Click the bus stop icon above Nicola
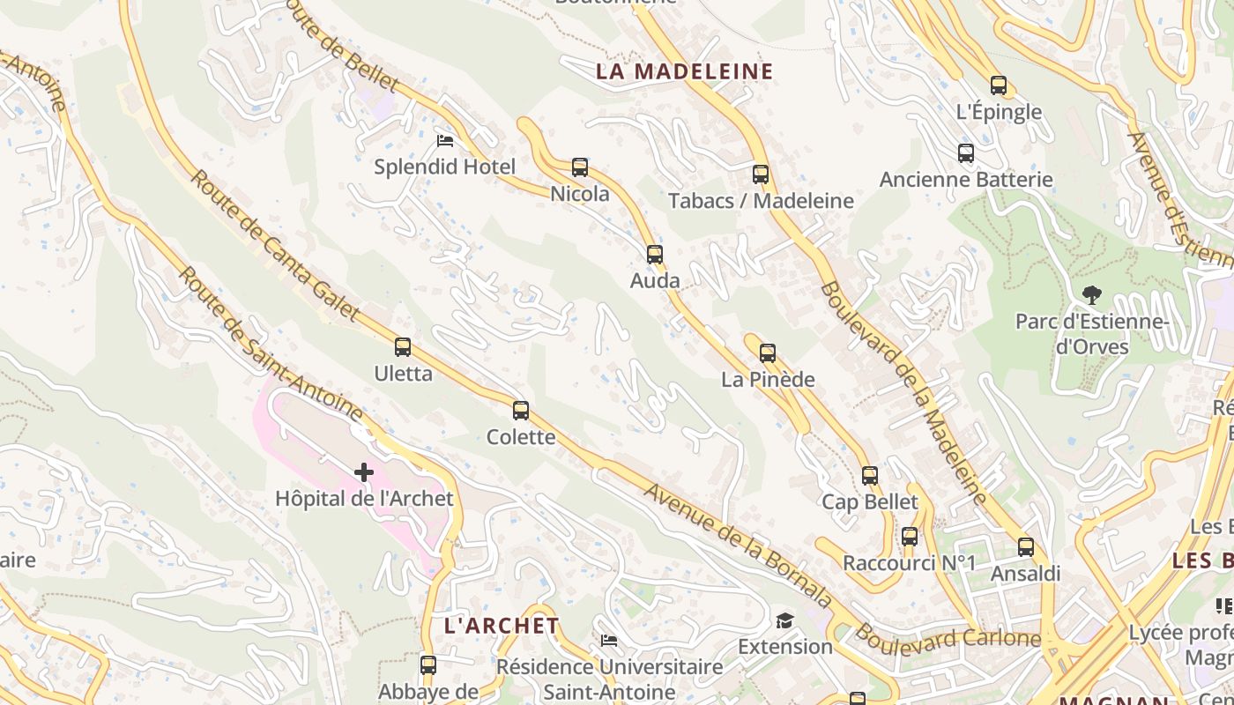579,167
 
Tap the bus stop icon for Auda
654,254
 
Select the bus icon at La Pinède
767,352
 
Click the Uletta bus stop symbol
403,346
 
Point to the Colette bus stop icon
521,410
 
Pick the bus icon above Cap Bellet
870,475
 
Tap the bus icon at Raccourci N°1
910,536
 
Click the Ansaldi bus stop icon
1025,546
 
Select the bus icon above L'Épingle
999,85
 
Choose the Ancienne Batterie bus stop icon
966,152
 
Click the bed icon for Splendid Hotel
445,140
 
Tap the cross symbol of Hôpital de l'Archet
364,472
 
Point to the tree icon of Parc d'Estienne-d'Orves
1092,294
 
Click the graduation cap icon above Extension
784,620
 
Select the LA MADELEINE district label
684,71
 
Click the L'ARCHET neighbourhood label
502,626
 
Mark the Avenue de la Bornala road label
737,545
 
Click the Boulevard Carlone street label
948,636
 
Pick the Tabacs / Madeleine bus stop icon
761,174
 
